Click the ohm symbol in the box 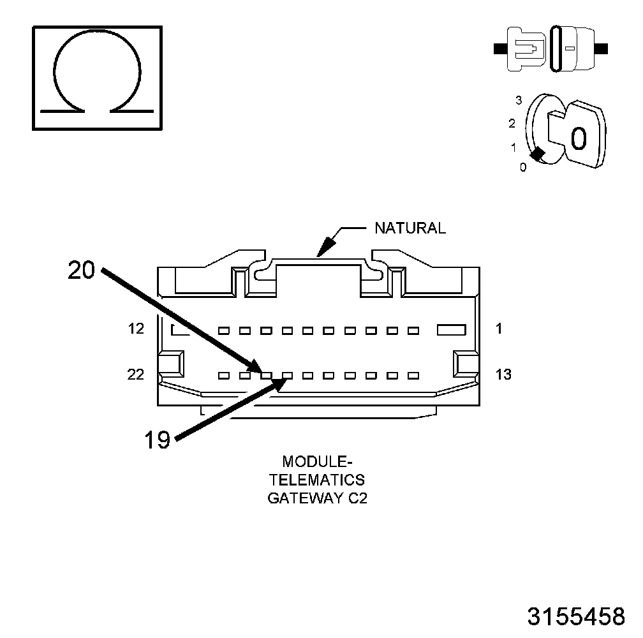pos(96,77)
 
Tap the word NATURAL pos(410,228)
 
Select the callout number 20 pos(81,271)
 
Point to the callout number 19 pos(157,439)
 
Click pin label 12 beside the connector pos(135,329)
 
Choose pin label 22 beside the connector pos(135,375)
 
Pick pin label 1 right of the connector pos(499,329)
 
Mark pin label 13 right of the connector pos(503,375)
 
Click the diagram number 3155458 pos(575,616)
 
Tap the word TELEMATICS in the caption pos(316,479)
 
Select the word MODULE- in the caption pos(316,461)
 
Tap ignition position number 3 pos(519,100)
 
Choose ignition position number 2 pos(512,123)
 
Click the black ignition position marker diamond pos(538,154)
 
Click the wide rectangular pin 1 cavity pos(452,330)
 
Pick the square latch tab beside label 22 pos(172,364)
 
